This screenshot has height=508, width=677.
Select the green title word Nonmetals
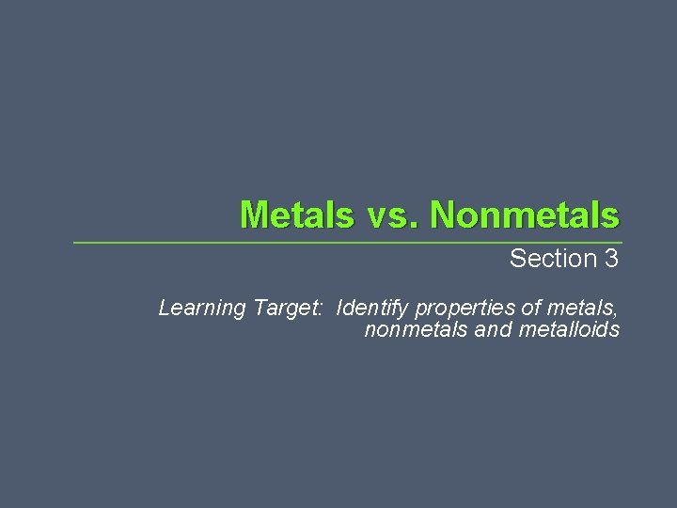pos(525,214)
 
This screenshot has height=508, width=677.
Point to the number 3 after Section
pos(611,259)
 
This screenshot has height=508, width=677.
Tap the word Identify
pos(372,309)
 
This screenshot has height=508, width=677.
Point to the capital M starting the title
pos(254,214)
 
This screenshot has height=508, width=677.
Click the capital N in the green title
pos(444,214)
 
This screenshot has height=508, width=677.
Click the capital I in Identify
pos(339,308)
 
